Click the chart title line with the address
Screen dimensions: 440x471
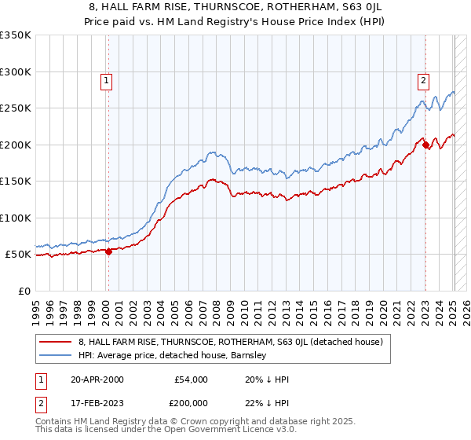coord(235,6)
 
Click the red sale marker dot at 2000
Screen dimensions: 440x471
coord(108,251)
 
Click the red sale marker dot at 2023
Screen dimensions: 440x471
coord(425,145)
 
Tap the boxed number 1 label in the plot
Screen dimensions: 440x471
coord(105,79)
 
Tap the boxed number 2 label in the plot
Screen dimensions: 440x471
coord(423,79)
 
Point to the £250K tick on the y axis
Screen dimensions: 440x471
coord(16,108)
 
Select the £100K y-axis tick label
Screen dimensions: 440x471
coord(16,218)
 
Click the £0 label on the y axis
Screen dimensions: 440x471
coord(24,291)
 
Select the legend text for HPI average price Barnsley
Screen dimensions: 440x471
coord(173,355)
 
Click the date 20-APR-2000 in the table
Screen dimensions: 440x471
coord(97,379)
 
